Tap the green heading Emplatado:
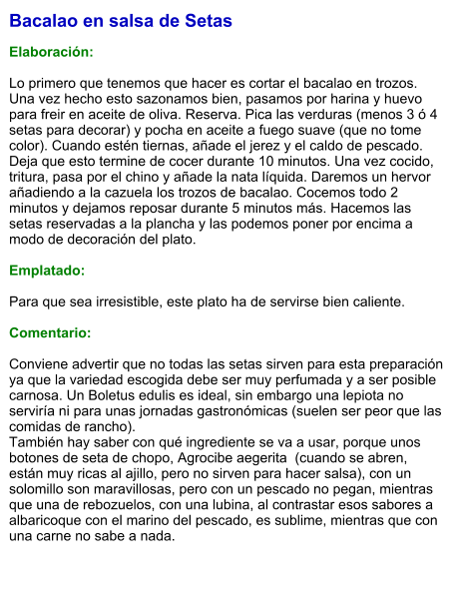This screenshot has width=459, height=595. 47,270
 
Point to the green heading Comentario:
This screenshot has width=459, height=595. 50,331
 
